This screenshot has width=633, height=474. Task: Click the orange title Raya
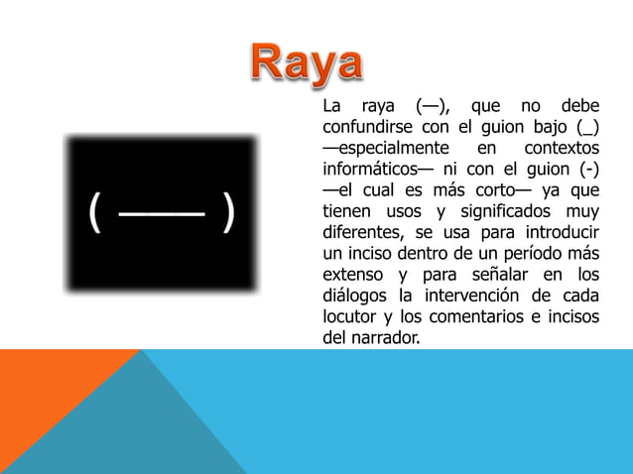click(307, 63)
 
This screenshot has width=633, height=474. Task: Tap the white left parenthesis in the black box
click(94, 212)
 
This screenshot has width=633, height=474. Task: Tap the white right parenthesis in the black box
click(228, 212)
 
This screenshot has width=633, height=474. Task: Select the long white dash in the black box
click(162, 214)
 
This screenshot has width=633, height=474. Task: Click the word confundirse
click(367, 127)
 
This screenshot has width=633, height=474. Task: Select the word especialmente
click(394, 149)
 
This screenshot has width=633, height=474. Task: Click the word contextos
click(562, 148)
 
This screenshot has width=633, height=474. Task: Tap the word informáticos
click(370, 169)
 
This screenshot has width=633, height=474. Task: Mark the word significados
click(505, 211)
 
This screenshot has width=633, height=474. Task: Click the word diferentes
click(360, 232)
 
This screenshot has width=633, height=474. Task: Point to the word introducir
click(563, 232)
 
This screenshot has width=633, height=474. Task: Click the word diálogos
click(354, 296)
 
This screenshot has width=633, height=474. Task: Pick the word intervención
click(471, 296)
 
